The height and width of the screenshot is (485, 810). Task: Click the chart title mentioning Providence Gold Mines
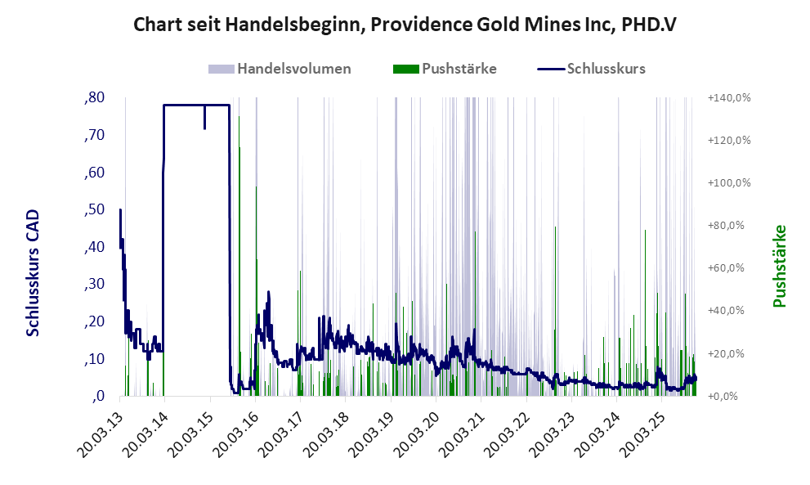pos(405,25)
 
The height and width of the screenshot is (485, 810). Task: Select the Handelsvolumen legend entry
pos(293,69)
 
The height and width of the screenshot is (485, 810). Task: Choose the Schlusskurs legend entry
pos(605,69)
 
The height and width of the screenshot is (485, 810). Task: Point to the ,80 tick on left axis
pos(94,98)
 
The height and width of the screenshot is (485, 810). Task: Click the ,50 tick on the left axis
pos(94,210)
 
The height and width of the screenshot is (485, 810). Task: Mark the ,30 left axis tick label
pos(94,285)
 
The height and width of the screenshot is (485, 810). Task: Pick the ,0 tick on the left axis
pos(98,397)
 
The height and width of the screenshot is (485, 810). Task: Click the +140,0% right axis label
pos(727,98)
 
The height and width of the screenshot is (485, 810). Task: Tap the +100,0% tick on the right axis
pos(727,183)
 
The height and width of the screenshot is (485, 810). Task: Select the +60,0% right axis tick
pos(727,268)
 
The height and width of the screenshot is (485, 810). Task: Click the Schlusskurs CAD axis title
pos(34,272)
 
